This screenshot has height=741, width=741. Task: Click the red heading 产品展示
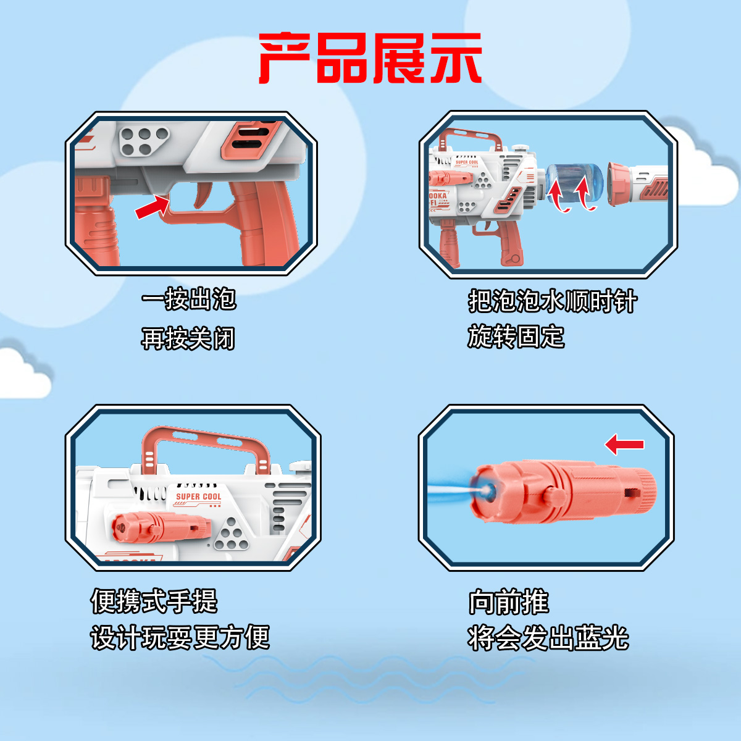[370, 59]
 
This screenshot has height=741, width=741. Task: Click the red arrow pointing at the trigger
[152, 207]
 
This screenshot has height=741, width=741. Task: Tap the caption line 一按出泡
[188, 299]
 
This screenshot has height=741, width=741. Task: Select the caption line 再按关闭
[188, 338]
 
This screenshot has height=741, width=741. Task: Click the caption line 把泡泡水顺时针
[552, 301]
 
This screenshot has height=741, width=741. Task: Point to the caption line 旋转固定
[516, 337]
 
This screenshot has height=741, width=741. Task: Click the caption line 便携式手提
[154, 601]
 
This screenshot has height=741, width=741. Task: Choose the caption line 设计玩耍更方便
[180, 637]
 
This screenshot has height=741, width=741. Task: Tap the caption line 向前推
[508, 601]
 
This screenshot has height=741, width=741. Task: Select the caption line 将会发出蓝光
[548, 638]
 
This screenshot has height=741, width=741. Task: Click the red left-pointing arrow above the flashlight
[624, 444]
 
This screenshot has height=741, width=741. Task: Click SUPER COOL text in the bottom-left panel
[198, 496]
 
